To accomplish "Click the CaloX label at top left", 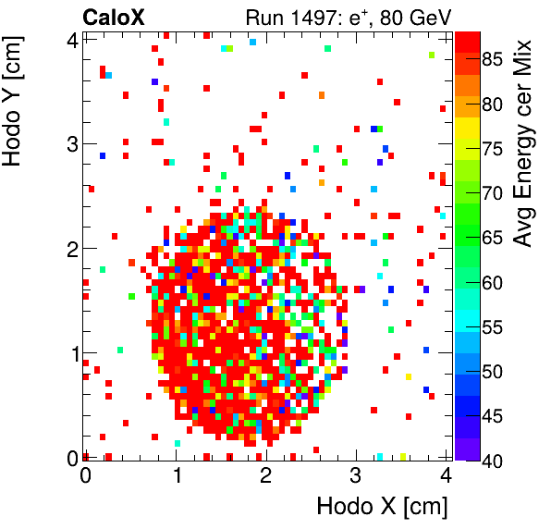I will coord(113,16).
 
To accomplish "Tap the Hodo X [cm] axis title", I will coord(381,507).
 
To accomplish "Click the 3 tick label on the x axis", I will coord(356,475).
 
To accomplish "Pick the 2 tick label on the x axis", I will coord(265,475).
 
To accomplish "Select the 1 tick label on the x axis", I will coord(176,475).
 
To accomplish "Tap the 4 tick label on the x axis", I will coord(446,475).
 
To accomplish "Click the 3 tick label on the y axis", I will coord(69,143).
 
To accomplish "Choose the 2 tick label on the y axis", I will coord(69,248).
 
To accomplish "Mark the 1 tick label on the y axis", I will coord(69,353).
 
